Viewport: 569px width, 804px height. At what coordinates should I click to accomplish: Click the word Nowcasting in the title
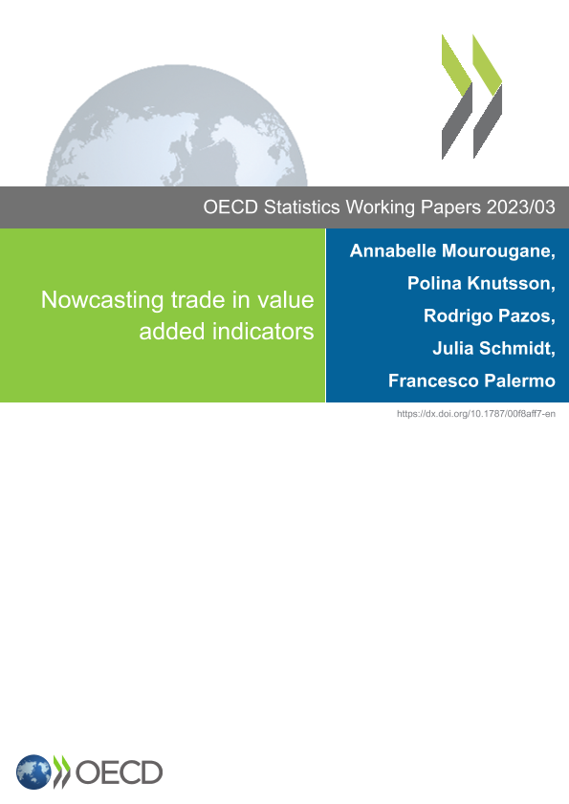pos(102,300)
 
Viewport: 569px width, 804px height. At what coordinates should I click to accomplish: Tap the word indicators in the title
pos(263,331)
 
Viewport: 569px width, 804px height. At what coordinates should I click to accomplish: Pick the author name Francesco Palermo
pos(471,381)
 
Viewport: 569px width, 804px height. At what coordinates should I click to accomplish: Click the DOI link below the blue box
pos(476,414)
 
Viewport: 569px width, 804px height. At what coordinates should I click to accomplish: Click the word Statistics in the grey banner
pos(301,207)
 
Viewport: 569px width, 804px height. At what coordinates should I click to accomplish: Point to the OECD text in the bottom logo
pos(119,772)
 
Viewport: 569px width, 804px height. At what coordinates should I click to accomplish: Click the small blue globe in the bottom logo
pos(33,771)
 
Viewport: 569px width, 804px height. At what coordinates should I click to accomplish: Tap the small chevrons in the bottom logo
pos(61,771)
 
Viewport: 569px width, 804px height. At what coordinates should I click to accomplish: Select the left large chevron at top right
pos(457,97)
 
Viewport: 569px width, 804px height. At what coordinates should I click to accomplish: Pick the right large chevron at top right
pos(488,97)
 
